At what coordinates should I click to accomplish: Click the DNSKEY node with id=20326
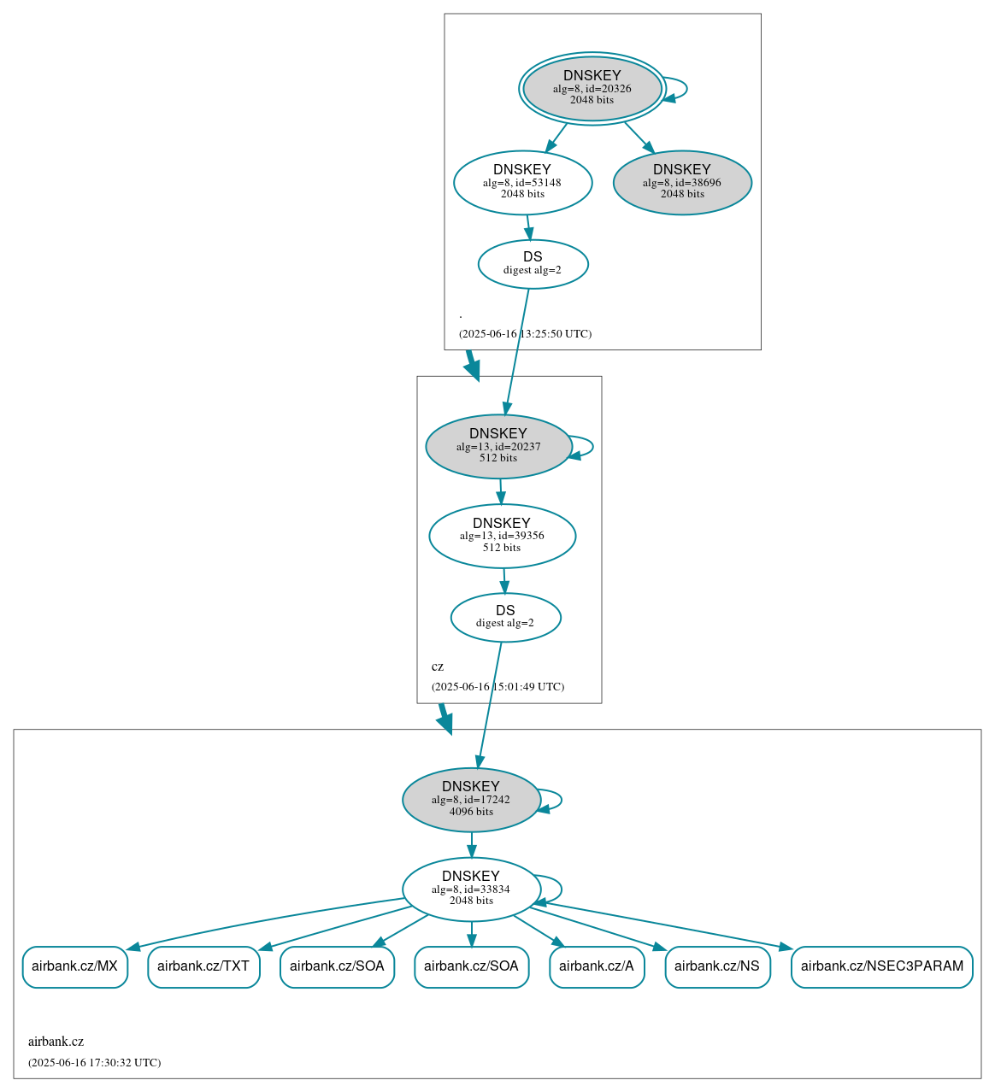[x=592, y=88]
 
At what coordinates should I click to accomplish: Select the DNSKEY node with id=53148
[x=522, y=182]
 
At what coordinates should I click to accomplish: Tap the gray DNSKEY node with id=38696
[x=681, y=182]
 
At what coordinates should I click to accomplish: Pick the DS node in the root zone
[x=533, y=264]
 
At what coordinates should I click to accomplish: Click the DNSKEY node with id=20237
[x=498, y=446]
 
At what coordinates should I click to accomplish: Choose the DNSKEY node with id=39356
[x=502, y=536]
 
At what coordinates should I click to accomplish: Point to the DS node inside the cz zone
[x=505, y=617]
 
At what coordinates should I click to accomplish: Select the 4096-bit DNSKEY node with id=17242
[x=471, y=800]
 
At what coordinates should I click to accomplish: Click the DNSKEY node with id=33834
[x=471, y=889]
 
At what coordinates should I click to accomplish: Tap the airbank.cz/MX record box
[x=74, y=966]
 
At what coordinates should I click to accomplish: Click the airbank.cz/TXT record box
[x=203, y=966]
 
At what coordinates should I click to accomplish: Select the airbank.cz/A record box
[x=597, y=966]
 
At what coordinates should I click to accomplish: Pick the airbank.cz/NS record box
[x=717, y=966]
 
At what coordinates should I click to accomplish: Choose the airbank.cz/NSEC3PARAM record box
[x=881, y=966]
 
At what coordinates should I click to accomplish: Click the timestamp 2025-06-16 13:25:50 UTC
[x=525, y=334]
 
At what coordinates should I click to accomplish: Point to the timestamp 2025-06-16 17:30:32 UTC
[x=94, y=1063]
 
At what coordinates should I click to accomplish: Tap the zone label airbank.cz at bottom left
[x=56, y=1042]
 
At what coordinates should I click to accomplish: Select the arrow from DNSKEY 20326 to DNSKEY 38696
[x=639, y=138]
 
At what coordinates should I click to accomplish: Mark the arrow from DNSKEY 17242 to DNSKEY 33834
[x=471, y=844]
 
